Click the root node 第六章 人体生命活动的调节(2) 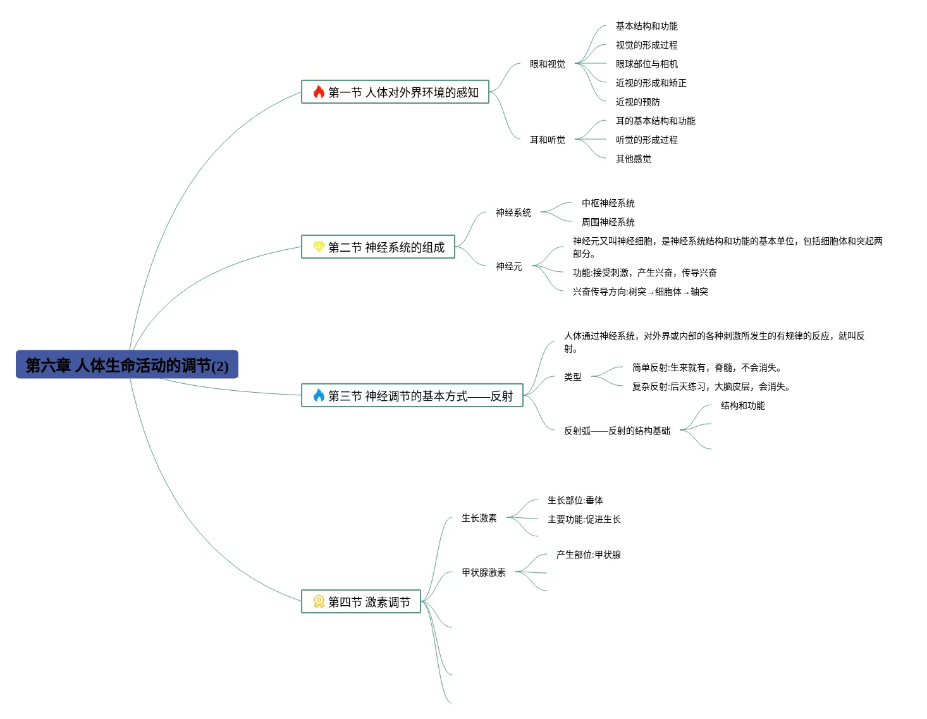click(126, 365)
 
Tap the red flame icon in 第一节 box click(319, 92)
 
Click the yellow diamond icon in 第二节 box click(319, 247)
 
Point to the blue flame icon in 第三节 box click(319, 396)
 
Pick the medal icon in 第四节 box click(319, 601)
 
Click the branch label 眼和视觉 click(547, 64)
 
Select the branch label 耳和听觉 click(547, 140)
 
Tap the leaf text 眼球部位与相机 click(646, 64)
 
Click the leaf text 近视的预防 click(637, 102)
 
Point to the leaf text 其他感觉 click(633, 159)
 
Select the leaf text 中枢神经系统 click(608, 203)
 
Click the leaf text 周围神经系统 click(608, 222)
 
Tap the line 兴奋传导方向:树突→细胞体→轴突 click(640, 292)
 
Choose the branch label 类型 click(572, 377)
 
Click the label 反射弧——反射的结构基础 click(617, 431)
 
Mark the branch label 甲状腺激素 click(483, 572)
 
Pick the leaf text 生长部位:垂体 click(575, 500)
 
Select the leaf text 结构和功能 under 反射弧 click(742, 405)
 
